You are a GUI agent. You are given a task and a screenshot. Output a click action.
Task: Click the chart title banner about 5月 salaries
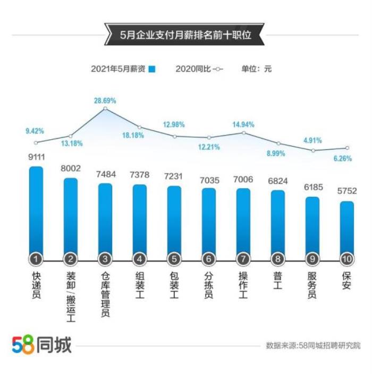tap(184, 35)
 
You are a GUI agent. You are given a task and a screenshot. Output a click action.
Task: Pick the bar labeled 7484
tap(105, 218)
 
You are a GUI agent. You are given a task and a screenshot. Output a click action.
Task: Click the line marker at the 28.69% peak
tap(105, 108)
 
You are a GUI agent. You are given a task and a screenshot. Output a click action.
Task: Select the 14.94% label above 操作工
tap(243, 124)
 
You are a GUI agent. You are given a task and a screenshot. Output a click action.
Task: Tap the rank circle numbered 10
tap(346, 259)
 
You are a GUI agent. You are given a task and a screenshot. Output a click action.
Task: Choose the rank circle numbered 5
tap(174, 259)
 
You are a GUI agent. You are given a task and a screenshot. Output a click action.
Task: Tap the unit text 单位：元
tap(256, 69)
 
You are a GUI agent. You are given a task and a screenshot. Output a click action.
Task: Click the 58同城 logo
tap(41, 345)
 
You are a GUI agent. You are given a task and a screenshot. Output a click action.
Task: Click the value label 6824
tap(278, 181)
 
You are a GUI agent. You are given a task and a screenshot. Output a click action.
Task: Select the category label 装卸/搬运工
tap(71, 297)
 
